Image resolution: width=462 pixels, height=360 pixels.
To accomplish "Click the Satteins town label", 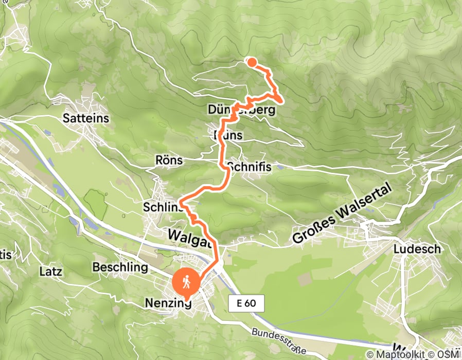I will tap(86, 118).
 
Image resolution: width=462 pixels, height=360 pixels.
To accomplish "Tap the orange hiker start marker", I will tap(186, 282).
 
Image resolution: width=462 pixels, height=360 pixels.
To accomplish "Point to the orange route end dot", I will tap(252, 62).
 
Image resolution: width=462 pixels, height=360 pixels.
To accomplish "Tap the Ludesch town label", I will tap(417, 249).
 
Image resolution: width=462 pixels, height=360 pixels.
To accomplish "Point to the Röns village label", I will tap(168, 160).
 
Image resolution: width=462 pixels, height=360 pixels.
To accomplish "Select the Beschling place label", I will tap(120, 267).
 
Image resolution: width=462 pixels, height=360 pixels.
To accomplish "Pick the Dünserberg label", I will tap(246, 110).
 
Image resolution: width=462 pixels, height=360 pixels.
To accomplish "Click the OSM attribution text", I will tap(450, 354).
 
